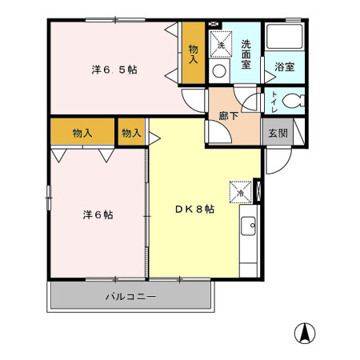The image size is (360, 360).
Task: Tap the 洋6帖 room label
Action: point(97,214)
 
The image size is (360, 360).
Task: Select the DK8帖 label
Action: point(194,209)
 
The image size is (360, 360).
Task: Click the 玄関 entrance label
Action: point(277,133)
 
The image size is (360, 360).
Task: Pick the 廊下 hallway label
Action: point(229,114)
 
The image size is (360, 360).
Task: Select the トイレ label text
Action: point(274,102)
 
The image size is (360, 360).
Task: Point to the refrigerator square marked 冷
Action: point(239,192)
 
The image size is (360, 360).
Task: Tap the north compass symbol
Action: point(306,331)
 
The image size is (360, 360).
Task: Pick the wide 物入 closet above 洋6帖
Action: point(82,132)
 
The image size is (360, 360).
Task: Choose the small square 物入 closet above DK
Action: point(132,132)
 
